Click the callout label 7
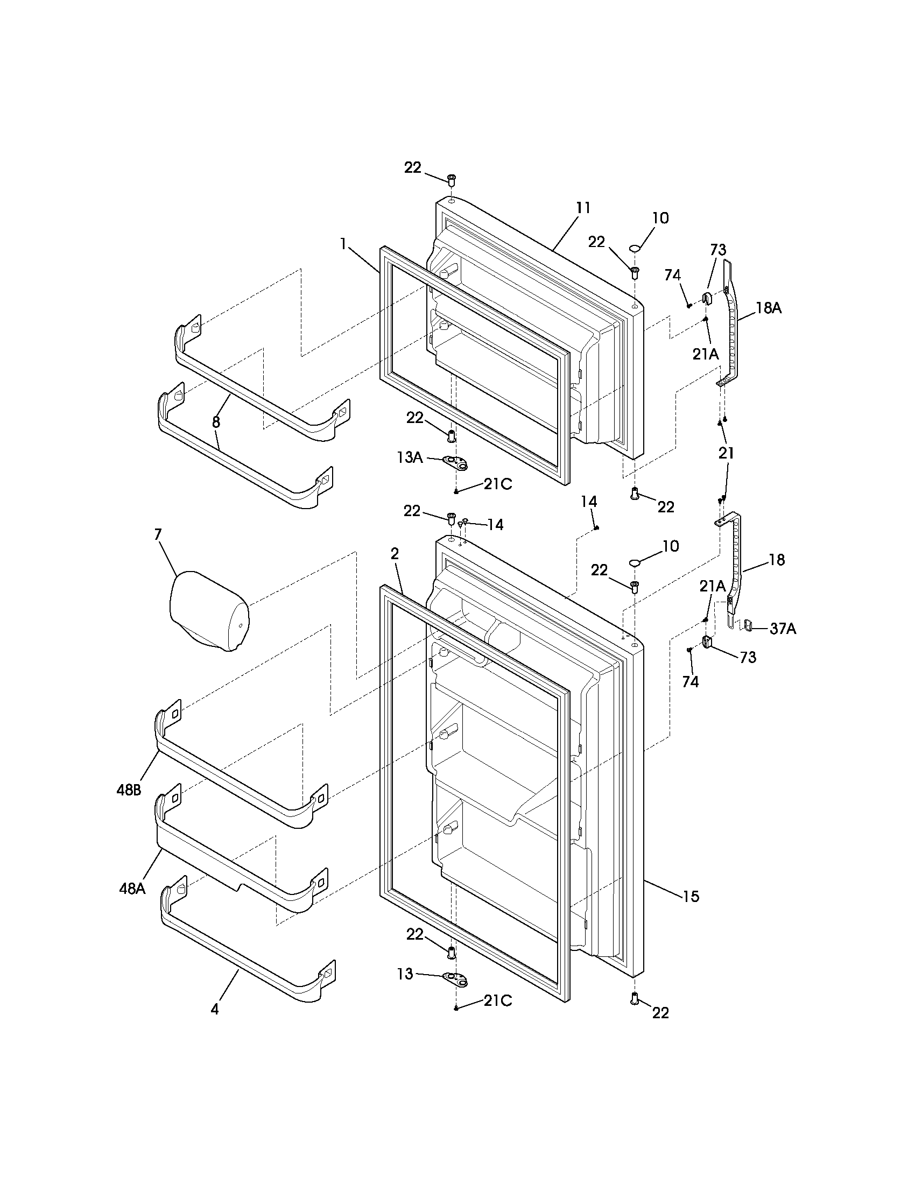pyautogui.click(x=158, y=534)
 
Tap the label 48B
pyautogui.click(x=129, y=790)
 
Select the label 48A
pyautogui.click(x=132, y=889)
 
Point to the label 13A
pyautogui.click(x=410, y=457)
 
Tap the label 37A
pyautogui.click(x=783, y=628)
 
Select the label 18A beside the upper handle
pyautogui.click(x=769, y=308)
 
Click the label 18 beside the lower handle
pyautogui.click(x=777, y=560)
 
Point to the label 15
pyautogui.click(x=691, y=896)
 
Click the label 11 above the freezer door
pyautogui.click(x=583, y=208)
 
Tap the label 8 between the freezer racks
pyautogui.click(x=216, y=422)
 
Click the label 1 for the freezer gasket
pyautogui.click(x=343, y=244)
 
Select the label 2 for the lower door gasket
pyautogui.click(x=395, y=553)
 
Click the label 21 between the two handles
pyautogui.click(x=727, y=453)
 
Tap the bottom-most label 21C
pyautogui.click(x=498, y=1000)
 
